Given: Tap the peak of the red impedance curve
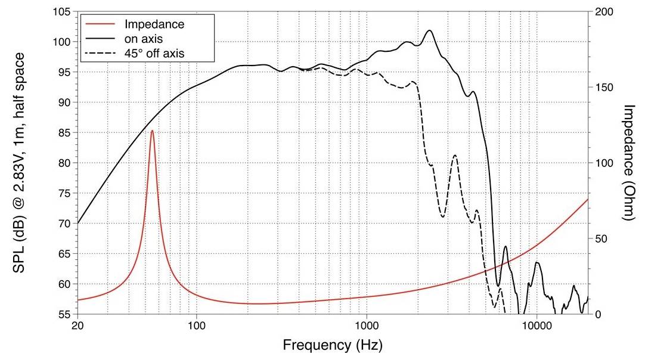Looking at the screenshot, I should click(152, 131).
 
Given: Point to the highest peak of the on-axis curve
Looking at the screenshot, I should click(429, 30).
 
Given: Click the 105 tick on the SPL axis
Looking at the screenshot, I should click(62, 12).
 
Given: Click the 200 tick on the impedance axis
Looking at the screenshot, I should click(604, 12).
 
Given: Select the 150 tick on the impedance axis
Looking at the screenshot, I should click(604, 88).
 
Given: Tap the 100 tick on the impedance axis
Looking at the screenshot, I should click(604, 163).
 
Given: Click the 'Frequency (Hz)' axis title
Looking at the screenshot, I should click(332, 345).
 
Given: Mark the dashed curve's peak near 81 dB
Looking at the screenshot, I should click(455, 156).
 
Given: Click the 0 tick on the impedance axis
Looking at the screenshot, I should click(599, 314).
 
